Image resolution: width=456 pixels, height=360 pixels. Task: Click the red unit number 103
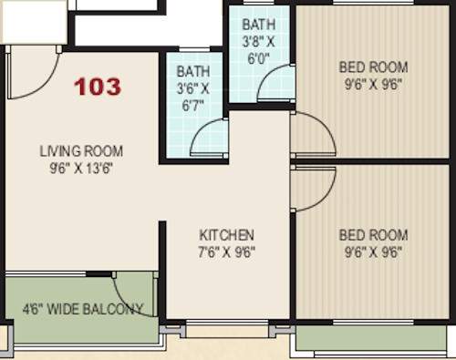point(98,87)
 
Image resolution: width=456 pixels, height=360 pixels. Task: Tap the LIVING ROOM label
point(81,151)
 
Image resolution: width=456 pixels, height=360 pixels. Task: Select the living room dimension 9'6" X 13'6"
point(81,168)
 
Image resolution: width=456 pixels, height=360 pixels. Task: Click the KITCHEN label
point(227,235)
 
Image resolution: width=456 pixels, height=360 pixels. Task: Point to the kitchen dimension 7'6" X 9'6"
point(227,252)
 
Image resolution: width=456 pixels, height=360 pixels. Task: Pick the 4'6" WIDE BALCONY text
point(83,308)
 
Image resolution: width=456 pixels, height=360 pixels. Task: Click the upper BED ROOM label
point(373,67)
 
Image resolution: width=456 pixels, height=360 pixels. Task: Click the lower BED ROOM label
point(373,235)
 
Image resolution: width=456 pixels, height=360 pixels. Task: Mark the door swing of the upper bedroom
point(310,135)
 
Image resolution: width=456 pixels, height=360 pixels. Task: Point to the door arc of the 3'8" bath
point(275,86)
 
